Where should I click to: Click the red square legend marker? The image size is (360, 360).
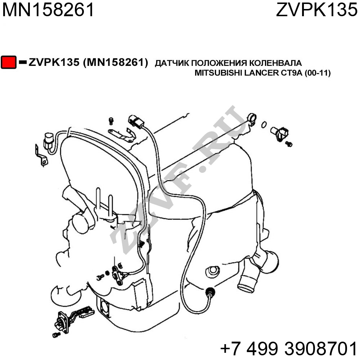tap(9, 62)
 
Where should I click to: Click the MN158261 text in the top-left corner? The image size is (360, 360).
tap(48, 10)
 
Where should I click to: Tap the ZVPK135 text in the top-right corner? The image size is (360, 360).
tap(316, 10)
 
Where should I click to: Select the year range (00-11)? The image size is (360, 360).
tap(318, 73)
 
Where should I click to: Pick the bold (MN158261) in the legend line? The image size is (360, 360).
tap(116, 62)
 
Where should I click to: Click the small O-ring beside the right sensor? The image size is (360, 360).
tap(264, 125)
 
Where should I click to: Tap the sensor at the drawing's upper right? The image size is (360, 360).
tap(279, 134)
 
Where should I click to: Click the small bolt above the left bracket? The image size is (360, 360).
tap(111, 121)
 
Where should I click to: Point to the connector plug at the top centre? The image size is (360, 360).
tap(136, 121)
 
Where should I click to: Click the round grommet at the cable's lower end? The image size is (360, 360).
tap(210, 292)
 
